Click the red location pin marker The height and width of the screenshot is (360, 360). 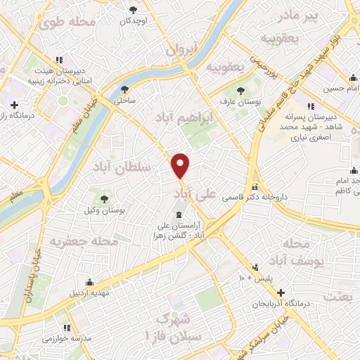(x=181, y=165)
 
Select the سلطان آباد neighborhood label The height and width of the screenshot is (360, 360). (x=120, y=167)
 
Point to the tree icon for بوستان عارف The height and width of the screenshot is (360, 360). (x=240, y=91)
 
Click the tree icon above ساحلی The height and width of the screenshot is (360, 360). (x=125, y=89)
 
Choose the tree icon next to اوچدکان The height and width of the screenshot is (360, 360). (x=134, y=9)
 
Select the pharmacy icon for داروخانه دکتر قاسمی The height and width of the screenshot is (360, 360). (x=255, y=188)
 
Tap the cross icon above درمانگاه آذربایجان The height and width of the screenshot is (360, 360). (x=281, y=292)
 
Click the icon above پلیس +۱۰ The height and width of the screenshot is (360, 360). (x=256, y=267)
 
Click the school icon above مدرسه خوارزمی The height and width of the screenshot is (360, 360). (x=65, y=328)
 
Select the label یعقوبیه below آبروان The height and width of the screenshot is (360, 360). (x=225, y=66)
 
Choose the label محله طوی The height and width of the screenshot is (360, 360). (x=67, y=22)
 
